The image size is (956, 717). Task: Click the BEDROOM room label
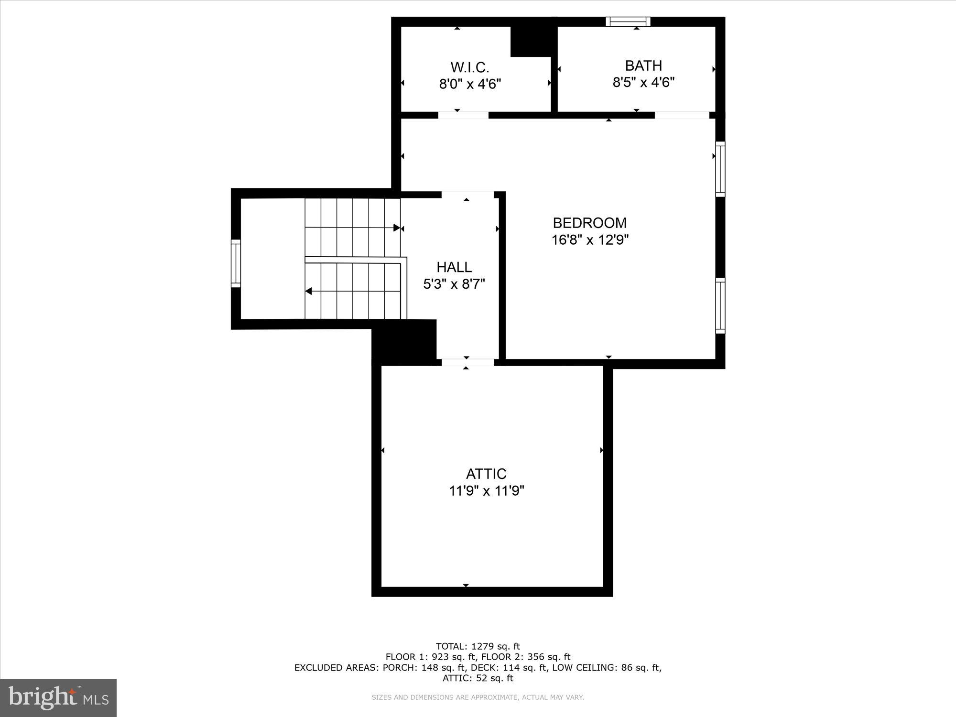coord(589,223)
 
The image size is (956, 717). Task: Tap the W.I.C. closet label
coord(470,67)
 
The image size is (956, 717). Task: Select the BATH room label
coord(643,65)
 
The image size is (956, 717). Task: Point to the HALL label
coord(454,267)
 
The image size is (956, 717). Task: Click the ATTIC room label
coord(486,474)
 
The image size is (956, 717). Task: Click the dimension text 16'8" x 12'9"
coord(590,240)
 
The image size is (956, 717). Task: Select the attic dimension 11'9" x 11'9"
coord(487,491)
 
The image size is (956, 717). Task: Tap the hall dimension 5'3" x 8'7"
coord(454,284)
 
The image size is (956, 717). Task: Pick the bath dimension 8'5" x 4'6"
coord(643,83)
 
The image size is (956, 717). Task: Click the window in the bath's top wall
coord(628,22)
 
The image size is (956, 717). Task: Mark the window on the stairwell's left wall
coord(236,263)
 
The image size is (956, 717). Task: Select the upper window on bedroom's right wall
coord(720,169)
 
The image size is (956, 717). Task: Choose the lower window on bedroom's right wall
coord(720,305)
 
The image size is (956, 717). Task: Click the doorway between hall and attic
coord(467,362)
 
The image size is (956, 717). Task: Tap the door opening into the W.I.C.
coord(463,115)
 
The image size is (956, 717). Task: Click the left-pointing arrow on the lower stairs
coord(309,291)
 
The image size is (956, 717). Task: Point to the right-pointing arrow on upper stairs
coord(396,228)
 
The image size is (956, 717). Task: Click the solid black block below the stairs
coord(404,342)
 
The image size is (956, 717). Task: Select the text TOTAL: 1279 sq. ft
coord(478,646)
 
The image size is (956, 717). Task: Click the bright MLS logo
coord(58,697)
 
